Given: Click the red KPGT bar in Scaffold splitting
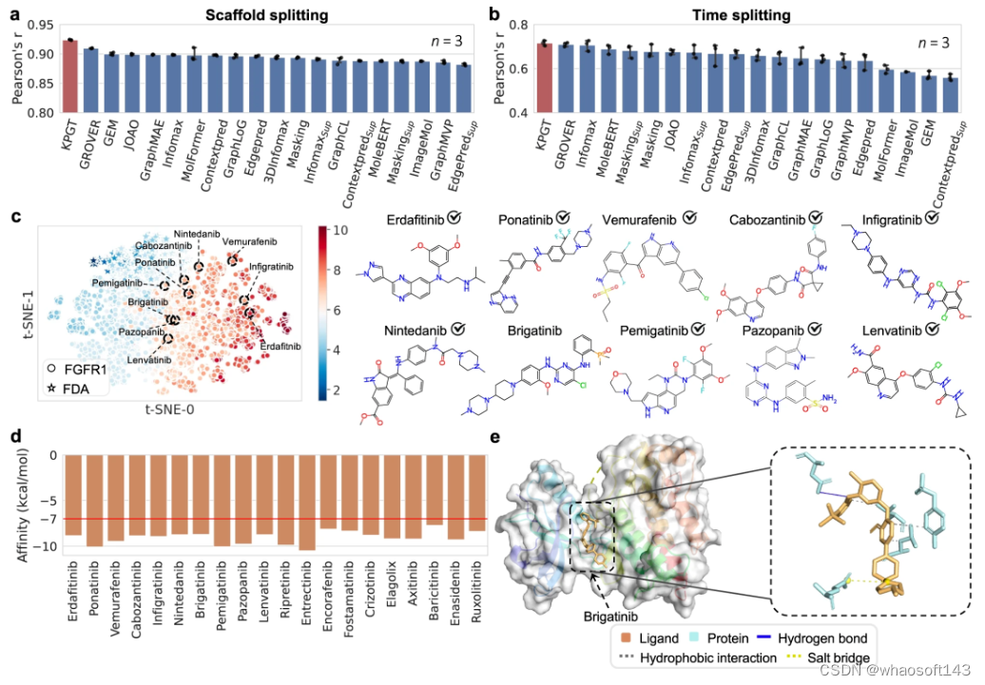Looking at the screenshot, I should click(x=70, y=76).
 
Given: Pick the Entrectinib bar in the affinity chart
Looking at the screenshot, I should click(x=306, y=502).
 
